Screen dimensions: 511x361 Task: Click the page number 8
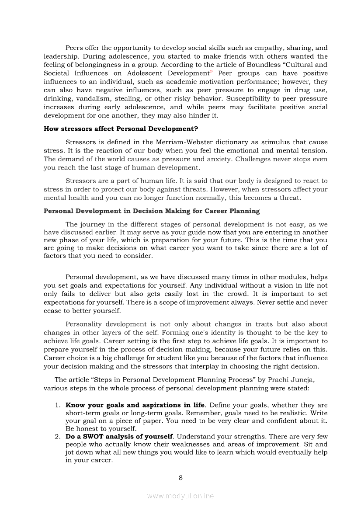pos(180,477)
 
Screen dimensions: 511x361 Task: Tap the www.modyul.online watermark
pos(180,496)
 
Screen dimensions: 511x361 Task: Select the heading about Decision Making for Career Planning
pos(152,211)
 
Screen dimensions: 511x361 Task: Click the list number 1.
pos(57,405)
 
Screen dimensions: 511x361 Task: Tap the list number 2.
pos(57,436)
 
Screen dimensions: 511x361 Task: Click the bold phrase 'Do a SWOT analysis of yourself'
pos(119,436)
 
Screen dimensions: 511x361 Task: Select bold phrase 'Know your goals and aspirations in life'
pos(135,405)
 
